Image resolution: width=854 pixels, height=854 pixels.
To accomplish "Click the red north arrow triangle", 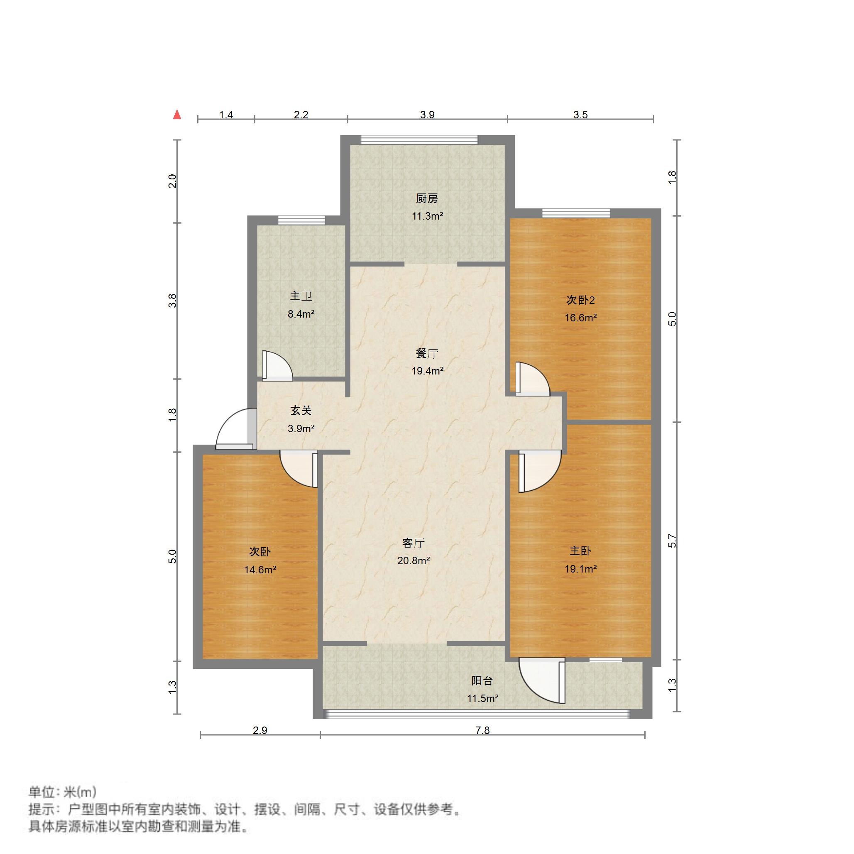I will point(177,115).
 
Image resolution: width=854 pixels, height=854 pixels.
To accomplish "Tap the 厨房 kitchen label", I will point(426,198).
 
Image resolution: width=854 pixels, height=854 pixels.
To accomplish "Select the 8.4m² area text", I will point(301,314).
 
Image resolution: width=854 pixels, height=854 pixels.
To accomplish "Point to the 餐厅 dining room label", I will point(426,353).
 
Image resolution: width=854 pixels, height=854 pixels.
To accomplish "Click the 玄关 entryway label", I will point(301,411).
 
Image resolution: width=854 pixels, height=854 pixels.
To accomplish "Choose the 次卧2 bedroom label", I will point(580,300).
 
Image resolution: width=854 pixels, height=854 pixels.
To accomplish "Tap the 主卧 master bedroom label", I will point(580,551).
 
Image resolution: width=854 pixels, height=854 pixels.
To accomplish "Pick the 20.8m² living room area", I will point(413,560).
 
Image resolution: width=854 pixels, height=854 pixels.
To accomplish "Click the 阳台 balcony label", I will point(482,681).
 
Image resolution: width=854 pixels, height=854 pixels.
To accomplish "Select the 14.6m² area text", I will point(260,570).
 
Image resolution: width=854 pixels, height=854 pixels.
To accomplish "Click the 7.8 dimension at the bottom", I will point(482,730).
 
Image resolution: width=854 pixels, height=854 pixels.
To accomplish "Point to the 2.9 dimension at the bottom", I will point(260,730).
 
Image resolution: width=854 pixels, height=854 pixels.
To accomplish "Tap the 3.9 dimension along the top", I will point(427,115).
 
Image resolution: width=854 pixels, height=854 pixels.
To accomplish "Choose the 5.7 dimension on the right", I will point(672,541).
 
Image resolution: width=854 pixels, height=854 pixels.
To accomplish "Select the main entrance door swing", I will point(235,429).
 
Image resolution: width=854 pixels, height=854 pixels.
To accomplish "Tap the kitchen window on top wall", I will point(419,139).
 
